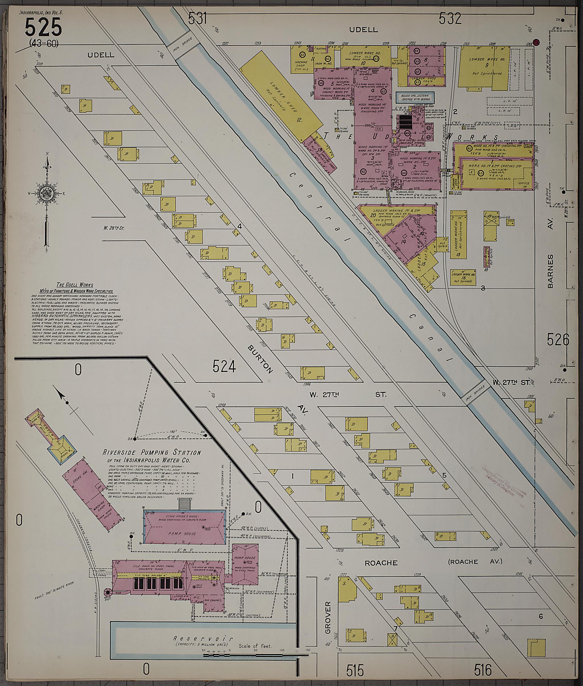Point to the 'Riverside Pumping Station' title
pos(152,452)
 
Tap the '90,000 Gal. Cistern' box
pos(415,97)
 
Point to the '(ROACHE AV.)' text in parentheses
pos(475,561)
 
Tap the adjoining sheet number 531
pos(197,19)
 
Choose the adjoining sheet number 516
pos(483,669)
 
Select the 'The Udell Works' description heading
pos(75,285)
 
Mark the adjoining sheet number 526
pos(558,340)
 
